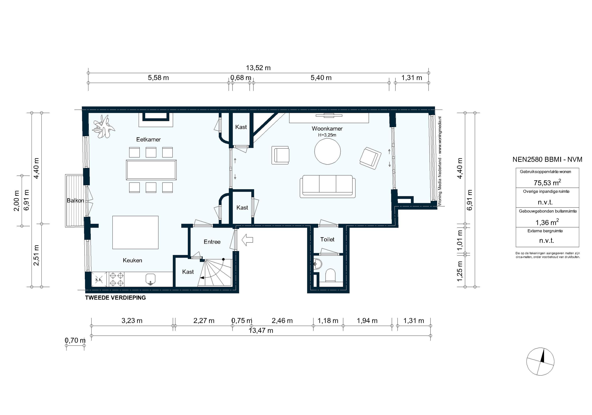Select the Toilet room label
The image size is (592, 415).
[327, 239]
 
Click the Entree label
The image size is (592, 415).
[212, 242]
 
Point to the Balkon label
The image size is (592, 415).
[75, 200]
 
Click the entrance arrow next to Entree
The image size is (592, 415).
[247, 240]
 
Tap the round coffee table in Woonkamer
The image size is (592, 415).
[327, 151]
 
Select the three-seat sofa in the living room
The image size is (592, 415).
[327, 186]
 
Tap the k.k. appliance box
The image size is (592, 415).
[99, 279]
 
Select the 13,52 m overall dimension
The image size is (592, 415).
[258, 68]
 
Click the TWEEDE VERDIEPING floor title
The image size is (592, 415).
[115, 298]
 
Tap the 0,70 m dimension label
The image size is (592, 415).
[75, 340]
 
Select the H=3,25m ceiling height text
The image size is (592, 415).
[327, 135]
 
